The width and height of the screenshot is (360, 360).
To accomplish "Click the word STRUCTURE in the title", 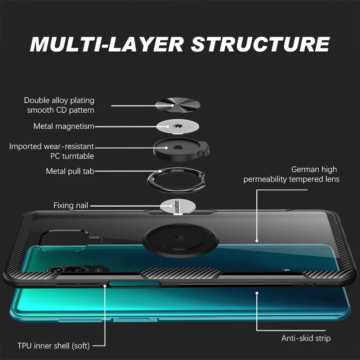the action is tap(260, 44).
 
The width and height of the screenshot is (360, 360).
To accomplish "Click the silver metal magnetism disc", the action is tap(178, 126).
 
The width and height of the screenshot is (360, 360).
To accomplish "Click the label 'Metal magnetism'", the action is tap(64, 126).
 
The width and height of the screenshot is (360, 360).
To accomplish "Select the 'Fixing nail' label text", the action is tap(71, 206).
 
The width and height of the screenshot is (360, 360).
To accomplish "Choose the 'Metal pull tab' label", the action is tap(70, 171).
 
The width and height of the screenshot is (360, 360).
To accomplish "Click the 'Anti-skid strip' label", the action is tap(306, 338).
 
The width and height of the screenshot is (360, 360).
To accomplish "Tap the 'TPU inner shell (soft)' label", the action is tap(54, 346).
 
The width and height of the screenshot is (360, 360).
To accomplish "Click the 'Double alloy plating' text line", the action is tap(59, 100).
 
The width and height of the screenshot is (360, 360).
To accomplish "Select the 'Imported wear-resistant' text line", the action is tap(51, 147).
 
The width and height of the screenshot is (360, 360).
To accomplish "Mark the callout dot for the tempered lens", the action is tap(257, 240).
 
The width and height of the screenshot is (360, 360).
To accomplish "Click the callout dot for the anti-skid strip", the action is tap(257, 293).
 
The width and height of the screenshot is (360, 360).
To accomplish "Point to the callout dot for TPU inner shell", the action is tap(105, 285).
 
